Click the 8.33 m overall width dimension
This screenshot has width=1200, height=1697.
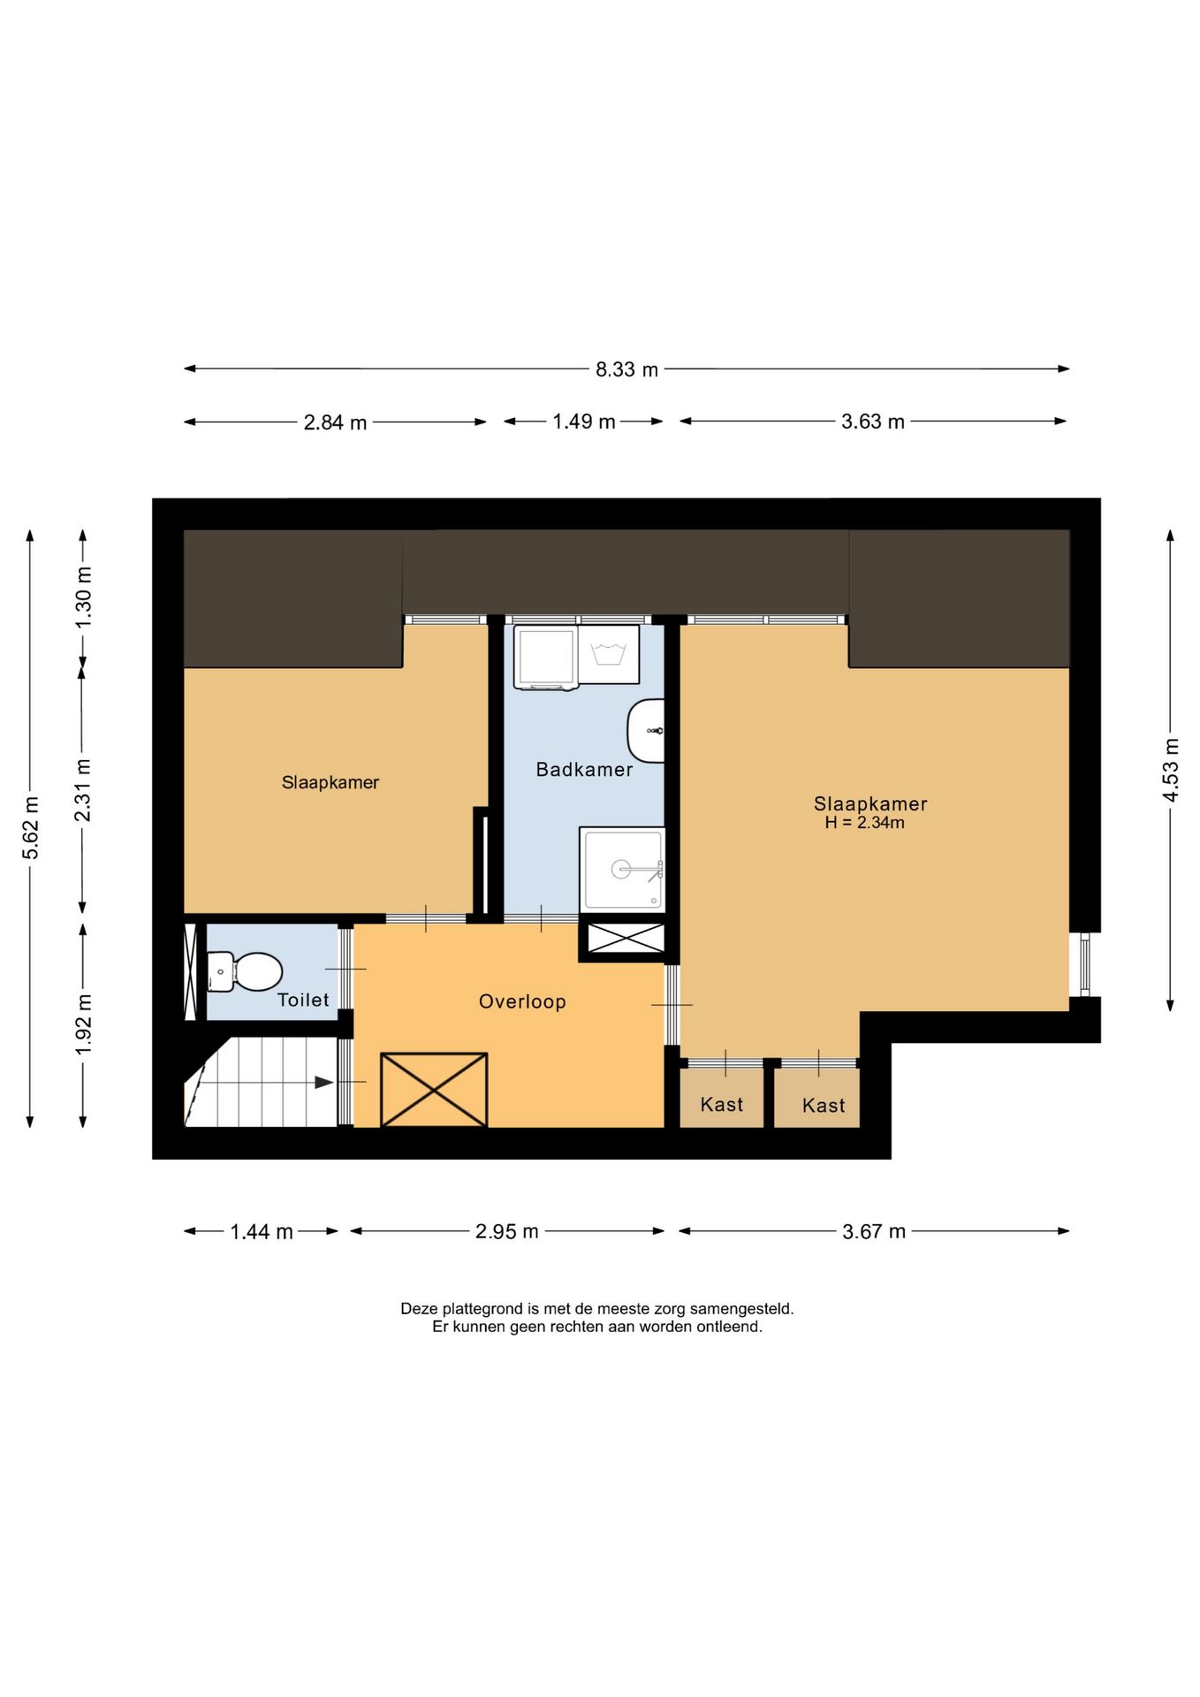tap(627, 369)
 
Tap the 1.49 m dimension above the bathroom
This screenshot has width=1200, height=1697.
tap(583, 422)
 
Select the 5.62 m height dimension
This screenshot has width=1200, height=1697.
tap(31, 828)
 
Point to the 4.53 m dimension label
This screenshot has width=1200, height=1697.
tap(1170, 769)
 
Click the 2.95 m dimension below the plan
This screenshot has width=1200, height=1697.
tap(506, 1231)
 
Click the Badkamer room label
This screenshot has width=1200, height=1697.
tap(584, 770)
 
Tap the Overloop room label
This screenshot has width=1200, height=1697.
tap(522, 1001)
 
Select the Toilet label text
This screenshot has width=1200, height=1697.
tap(303, 1000)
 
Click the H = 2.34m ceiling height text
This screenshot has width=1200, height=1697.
tap(864, 823)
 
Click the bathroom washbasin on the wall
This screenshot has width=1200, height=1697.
tap(648, 730)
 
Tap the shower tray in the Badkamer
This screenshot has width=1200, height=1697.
tap(622, 870)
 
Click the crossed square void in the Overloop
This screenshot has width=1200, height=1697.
tap(434, 1089)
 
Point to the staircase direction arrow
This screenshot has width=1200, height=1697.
tap(323, 1083)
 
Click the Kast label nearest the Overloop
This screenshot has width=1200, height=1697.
tap(721, 1104)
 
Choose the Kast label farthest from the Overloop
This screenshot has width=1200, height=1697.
tap(823, 1105)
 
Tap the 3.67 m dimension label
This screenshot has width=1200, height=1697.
tap(873, 1231)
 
